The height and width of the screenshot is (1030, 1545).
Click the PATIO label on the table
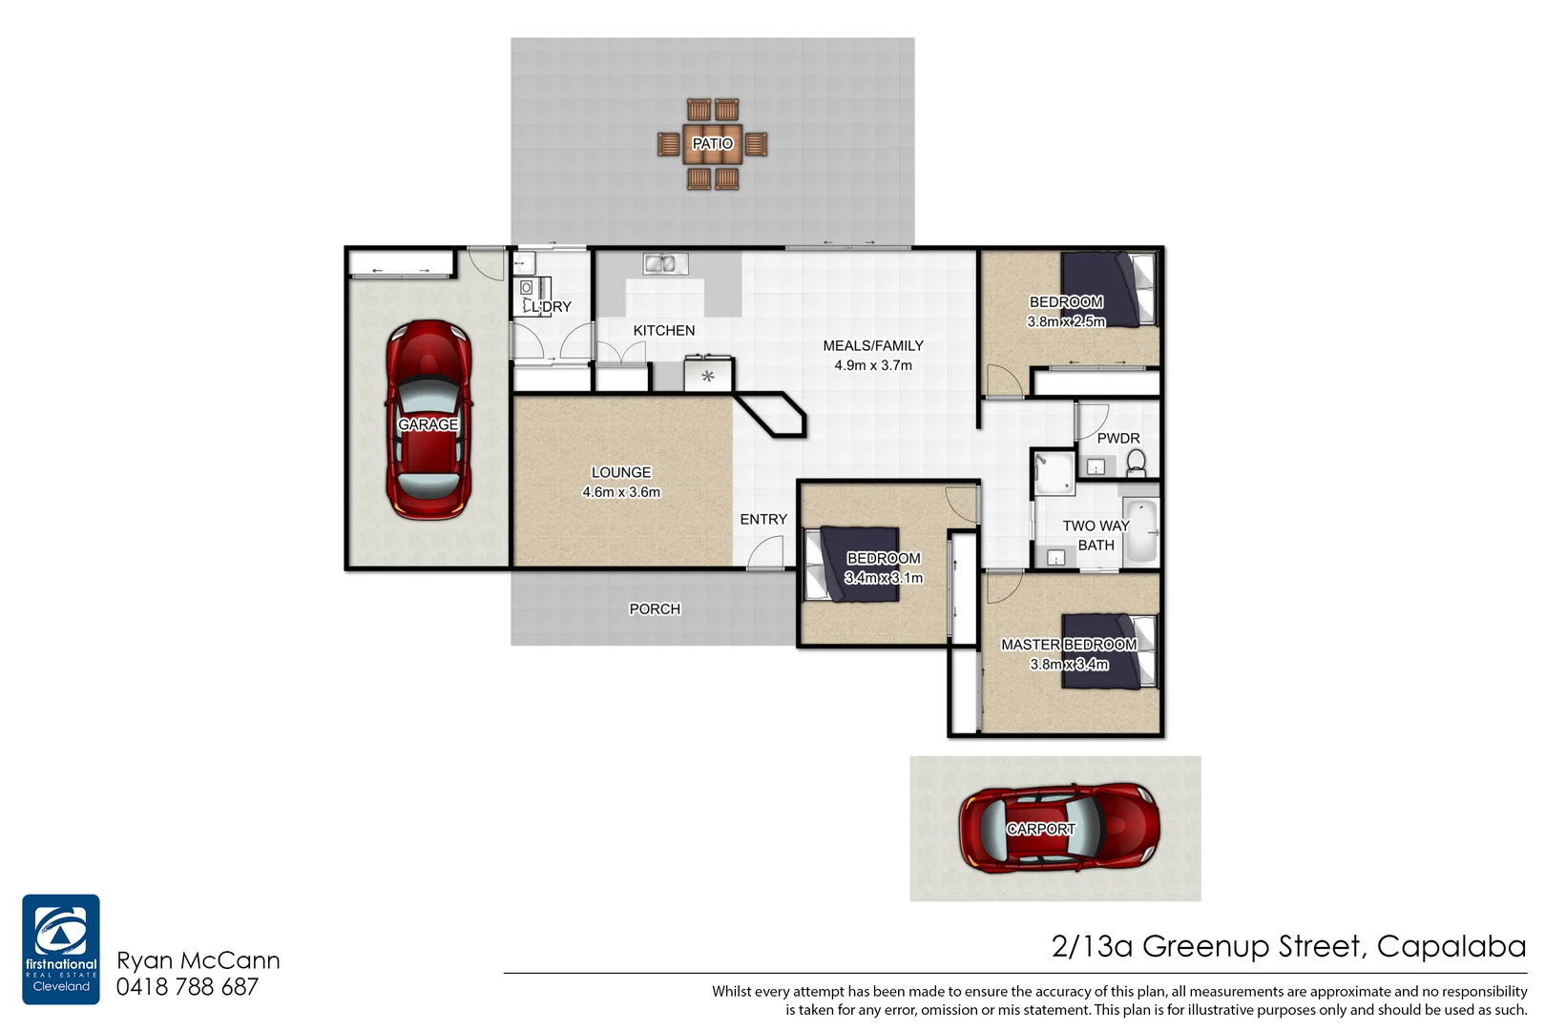pos(712,144)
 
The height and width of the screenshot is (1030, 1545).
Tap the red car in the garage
pos(428,420)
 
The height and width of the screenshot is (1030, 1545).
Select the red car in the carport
pos(1058,829)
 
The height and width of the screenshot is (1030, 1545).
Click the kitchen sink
pos(665,263)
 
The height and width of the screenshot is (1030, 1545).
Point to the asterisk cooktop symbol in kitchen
pos(707,377)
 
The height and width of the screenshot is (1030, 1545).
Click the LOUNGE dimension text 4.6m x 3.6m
pos(621,492)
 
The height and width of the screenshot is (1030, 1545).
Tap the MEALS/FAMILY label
pos(873,345)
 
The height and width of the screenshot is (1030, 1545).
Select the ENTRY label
pos(763,519)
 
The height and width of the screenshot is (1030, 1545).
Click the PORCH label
pos(655,608)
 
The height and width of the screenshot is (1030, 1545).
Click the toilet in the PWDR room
pos(1136,463)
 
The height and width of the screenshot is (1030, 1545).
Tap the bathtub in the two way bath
pos(1140,530)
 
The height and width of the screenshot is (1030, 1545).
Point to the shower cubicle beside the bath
pos(1054,473)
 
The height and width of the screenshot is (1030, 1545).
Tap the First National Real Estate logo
pos(61,948)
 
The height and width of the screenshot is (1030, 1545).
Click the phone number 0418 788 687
pos(187,987)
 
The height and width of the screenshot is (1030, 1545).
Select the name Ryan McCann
pos(198,960)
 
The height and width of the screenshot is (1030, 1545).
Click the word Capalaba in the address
pos(1451,946)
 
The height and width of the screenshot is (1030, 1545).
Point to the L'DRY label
pos(552,306)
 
